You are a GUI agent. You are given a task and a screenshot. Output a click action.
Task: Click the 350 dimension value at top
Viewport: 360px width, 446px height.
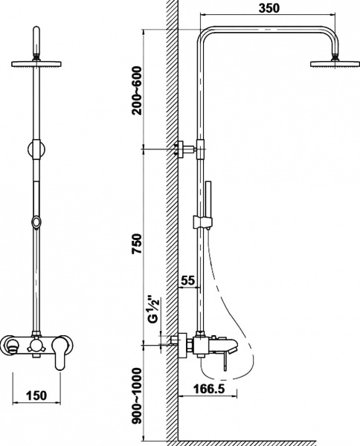click(269, 8)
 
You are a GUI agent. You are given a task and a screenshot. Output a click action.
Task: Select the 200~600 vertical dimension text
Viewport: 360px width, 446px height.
click(137, 91)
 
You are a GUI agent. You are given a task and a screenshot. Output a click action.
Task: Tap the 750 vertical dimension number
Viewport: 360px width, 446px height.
click(137, 244)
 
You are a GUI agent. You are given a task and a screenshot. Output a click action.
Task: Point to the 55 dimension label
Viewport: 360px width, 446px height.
click(188, 281)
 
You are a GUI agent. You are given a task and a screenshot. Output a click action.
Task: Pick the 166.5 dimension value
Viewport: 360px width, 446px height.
click(209, 389)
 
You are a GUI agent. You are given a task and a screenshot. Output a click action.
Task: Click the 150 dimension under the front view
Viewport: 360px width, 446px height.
click(36, 395)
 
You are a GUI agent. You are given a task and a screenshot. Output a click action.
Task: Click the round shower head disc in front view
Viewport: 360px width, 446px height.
click(36, 64)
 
